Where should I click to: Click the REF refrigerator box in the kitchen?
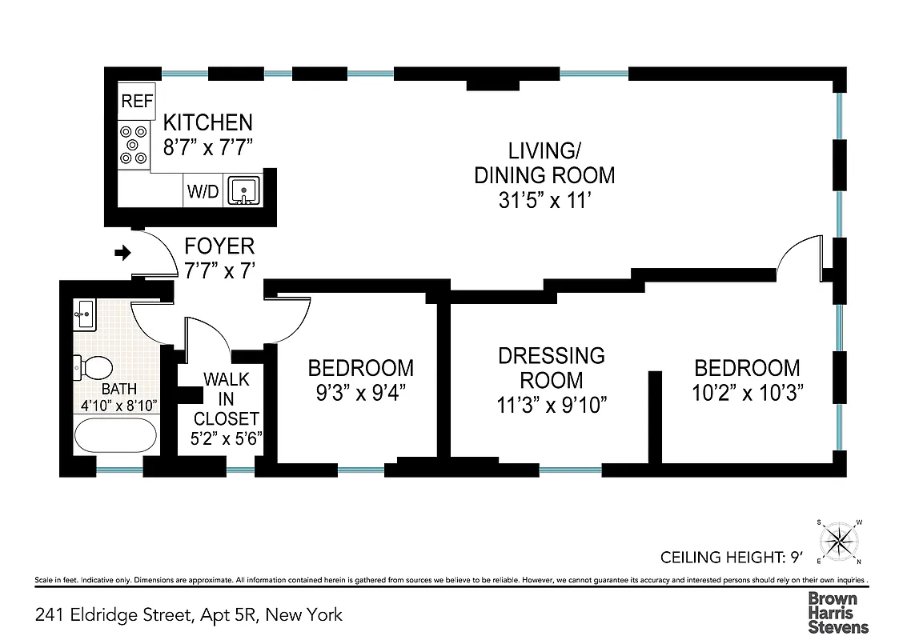[x=135, y=101]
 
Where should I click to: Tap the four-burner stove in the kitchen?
[x=134, y=145]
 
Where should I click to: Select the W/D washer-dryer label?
[x=203, y=192]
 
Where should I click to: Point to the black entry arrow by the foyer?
[x=122, y=254]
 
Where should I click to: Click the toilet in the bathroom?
[x=92, y=369]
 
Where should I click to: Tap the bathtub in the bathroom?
[x=115, y=437]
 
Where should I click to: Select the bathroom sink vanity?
[x=85, y=316]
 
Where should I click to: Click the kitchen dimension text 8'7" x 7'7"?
[x=208, y=147]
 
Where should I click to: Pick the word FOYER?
[x=219, y=246]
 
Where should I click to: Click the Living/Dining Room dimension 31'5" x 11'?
[x=544, y=200]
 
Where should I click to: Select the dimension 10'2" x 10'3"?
[x=747, y=393]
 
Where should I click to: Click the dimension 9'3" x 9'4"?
[x=361, y=393]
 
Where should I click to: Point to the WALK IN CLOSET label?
[x=227, y=398]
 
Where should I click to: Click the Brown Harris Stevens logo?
[x=837, y=612]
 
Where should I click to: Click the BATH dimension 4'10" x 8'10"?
[x=118, y=406]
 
